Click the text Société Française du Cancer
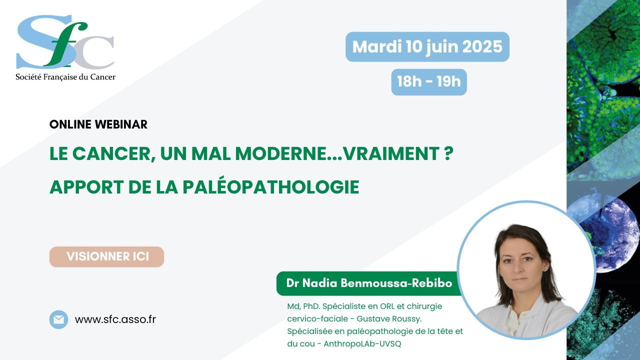[x=65, y=77]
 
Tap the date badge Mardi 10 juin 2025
[x=427, y=47]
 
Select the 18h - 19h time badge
[x=429, y=81]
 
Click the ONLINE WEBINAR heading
[x=98, y=124]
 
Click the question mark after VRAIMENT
[x=449, y=153]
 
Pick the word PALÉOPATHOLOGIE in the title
[x=270, y=187]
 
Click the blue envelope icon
[x=58, y=319]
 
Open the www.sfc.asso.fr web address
[x=115, y=319]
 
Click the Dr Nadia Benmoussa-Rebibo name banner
[x=369, y=283]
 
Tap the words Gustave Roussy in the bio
[x=389, y=318]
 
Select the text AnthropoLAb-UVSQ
[x=362, y=343]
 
